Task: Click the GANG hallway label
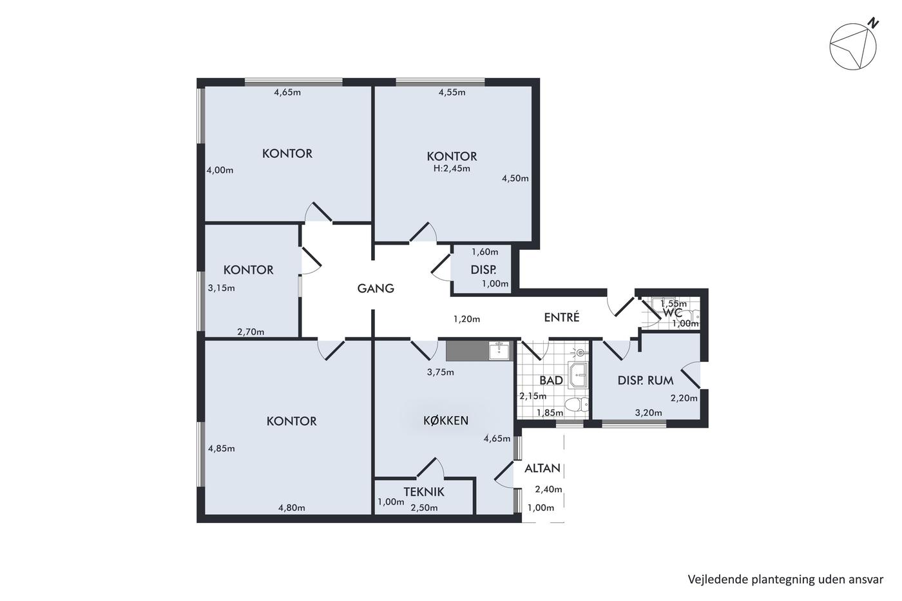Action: coord(376,288)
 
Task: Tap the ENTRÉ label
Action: coord(562,317)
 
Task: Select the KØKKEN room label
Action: coord(446,420)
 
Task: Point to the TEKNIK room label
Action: coord(424,491)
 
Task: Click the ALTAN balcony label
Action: coord(542,468)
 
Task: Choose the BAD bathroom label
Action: coord(551,381)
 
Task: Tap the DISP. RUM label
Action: coord(646,381)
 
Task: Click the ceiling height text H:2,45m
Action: coord(452,169)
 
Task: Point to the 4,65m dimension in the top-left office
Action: coord(287,92)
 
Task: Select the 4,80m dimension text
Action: coord(291,508)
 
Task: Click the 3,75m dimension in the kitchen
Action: coord(441,372)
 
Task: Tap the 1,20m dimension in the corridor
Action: coord(466,320)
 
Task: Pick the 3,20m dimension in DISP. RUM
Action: coord(648,413)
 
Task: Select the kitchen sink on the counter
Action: coord(499,350)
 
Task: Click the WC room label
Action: coord(672,313)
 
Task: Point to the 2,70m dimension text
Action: coord(251,332)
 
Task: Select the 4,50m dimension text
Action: coord(515,178)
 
